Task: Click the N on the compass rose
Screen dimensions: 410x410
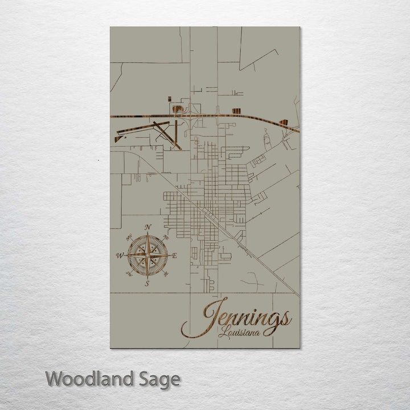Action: [148, 227]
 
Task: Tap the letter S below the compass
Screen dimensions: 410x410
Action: [147, 283]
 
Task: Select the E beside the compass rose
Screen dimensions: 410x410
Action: [174, 256]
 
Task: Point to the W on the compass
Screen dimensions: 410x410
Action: [120, 255]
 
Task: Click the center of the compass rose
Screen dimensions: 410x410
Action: [147, 255]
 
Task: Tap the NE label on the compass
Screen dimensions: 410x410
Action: [166, 236]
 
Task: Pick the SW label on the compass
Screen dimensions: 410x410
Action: [129, 274]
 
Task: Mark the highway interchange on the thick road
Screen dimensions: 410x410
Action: [190, 116]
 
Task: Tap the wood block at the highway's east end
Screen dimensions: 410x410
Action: [283, 122]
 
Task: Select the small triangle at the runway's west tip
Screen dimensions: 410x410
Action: [117, 138]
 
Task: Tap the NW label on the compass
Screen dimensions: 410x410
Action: [130, 236]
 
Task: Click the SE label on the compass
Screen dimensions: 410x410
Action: [166, 274]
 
